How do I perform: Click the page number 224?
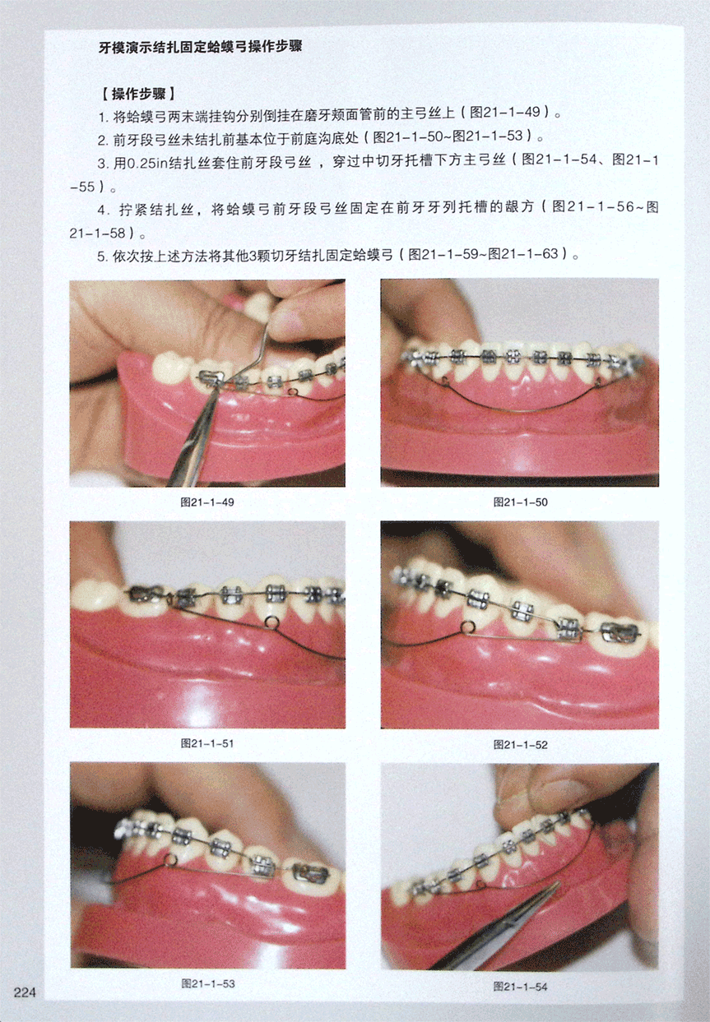click(x=25, y=992)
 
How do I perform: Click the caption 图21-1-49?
click(x=207, y=502)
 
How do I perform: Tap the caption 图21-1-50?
click(x=520, y=502)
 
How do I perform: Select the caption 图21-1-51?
click(x=207, y=743)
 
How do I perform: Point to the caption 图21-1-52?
click(x=520, y=745)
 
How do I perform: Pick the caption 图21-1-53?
click(x=208, y=983)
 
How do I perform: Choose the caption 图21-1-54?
click(x=520, y=987)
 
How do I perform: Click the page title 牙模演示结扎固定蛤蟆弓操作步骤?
click(x=201, y=47)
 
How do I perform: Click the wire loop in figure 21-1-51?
click(x=271, y=621)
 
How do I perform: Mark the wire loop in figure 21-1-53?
click(x=172, y=859)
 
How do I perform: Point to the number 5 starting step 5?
click(x=101, y=256)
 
